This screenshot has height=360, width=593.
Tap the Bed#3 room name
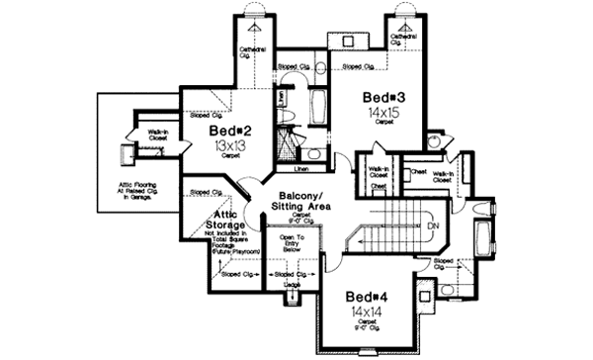pyautogui.click(x=381, y=99)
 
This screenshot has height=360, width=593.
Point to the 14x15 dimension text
pyautogui.click(x=381, y=115)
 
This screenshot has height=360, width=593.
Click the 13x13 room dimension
pyautogui.click(x=230, y=145)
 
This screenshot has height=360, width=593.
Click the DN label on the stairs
pyautogui.click(x=433, y=225)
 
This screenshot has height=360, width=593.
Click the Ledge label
pyautogui.click(x=293, y=285)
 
